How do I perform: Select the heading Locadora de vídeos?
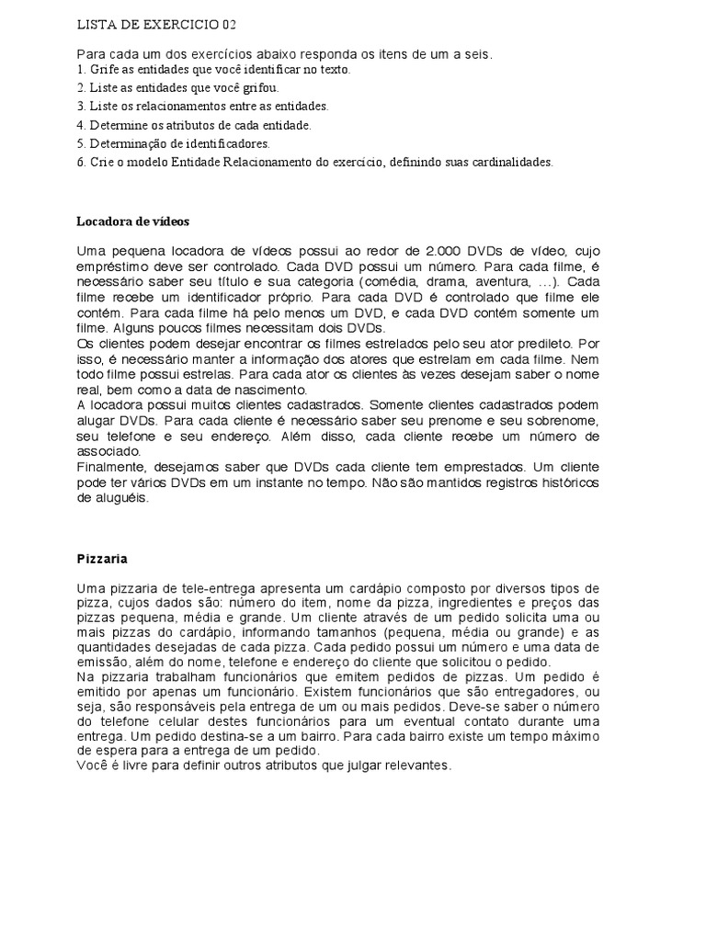132,221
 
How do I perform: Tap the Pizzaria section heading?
101,558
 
